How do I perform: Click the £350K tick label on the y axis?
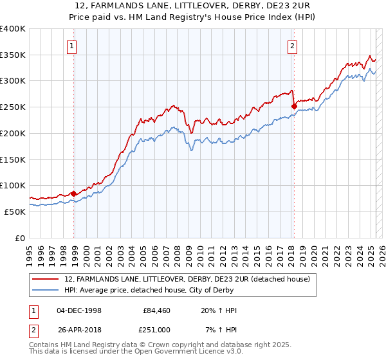pyautogui.click(x=13, y=55)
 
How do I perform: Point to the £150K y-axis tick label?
pyautogui.click(x=13, y=159)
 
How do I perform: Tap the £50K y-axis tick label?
pyautogui.click(x=15, y=212)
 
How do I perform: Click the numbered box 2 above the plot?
pyautogui.click(x=292, y=46)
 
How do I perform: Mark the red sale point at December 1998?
pyautogui.click(x=74, y=193)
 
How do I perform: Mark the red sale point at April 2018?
pyautogui.click(x=294, y=106)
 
